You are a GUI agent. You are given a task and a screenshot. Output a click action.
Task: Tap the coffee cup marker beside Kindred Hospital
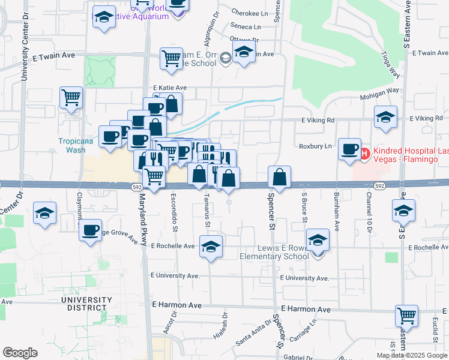tap(349, 149)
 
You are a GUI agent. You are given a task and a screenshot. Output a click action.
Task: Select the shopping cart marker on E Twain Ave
tap(171, 59)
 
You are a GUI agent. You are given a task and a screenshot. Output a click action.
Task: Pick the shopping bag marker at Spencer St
tap(280, 177)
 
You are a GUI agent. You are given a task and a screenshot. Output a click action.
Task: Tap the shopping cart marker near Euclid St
tap(407, 316)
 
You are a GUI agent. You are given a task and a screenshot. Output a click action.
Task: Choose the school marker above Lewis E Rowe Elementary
tap(318, 240)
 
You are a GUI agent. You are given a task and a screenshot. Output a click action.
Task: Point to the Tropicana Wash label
tap(76, 146)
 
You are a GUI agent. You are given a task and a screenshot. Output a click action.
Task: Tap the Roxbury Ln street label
tap(315, 146)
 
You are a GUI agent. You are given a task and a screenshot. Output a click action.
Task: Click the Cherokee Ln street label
tap(250, 13)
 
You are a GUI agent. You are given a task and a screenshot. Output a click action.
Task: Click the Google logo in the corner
tap(20, 352)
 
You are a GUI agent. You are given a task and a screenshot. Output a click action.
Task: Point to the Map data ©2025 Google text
tap(412, 355)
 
